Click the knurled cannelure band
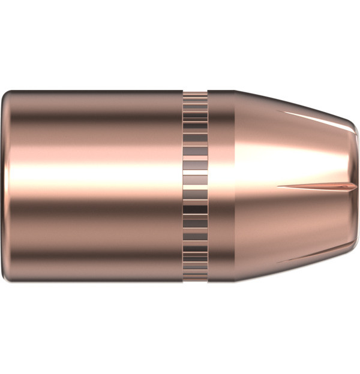196,187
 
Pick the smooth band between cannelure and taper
221,187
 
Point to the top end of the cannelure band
196,93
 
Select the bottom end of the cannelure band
196,282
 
